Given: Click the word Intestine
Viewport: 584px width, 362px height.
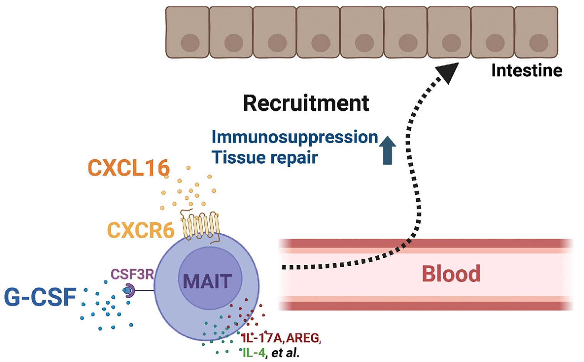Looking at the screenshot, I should coord(527,71).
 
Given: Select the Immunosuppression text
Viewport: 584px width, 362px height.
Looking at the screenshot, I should coord(295,137).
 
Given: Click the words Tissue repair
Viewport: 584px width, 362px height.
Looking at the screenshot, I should coord(265,158).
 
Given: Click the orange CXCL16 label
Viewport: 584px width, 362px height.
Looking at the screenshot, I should coord(128,168).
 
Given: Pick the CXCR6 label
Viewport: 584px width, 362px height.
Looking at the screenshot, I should coord(140,230).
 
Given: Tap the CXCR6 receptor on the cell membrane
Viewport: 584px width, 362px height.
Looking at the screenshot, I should coord(200,226).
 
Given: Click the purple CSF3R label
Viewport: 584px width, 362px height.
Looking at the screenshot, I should coord(132,274).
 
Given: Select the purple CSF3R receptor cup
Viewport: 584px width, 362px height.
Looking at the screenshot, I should coord(130,291).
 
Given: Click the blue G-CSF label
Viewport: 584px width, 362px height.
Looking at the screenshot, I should coord(40,297).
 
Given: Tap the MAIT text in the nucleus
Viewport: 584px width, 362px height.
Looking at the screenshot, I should coord(208,282).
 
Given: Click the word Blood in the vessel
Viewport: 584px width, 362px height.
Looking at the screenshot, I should coord(451,274).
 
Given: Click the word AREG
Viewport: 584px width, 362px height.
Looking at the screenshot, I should coord(303,338).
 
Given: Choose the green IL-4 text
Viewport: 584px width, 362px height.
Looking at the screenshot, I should coord(254,353).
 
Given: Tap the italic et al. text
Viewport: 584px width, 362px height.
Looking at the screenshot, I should coord(285,353).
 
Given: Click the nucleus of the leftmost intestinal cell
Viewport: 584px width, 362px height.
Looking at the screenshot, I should coord(190,43).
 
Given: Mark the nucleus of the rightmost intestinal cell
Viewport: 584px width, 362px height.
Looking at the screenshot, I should coord(539,43).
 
